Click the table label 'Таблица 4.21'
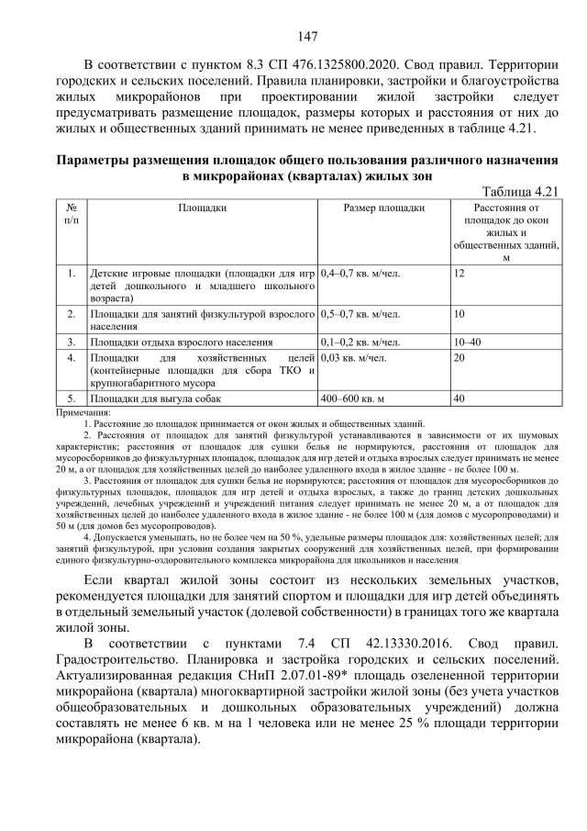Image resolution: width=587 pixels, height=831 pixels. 520,189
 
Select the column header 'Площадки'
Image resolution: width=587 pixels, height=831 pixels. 203,208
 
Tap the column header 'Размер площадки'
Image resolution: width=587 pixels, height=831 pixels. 383,208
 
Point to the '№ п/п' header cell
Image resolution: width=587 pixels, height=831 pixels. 72,215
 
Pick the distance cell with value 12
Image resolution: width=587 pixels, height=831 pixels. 460,274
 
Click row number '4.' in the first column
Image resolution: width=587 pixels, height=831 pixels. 72,357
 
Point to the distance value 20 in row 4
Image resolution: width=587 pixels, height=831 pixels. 460,357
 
